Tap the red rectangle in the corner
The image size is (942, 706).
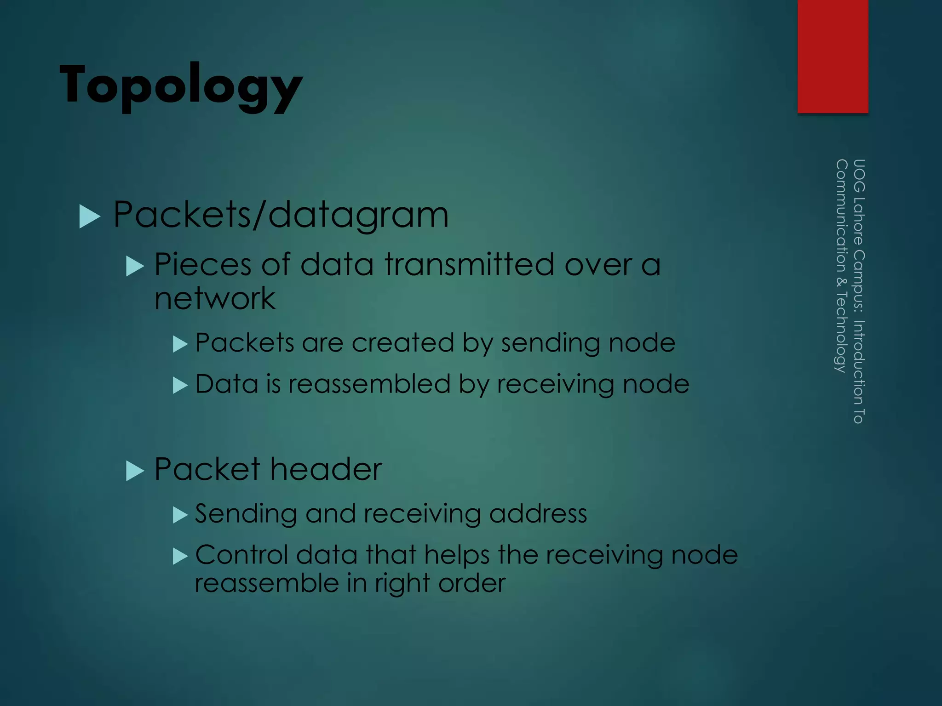pos(833,56)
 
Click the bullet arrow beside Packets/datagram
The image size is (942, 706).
pos(90,216)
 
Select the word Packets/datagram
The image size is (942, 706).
pos(281,215)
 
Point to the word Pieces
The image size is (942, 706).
pos(203,265)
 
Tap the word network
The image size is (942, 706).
pos(215,299)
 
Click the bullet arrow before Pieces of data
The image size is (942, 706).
pos(135,266)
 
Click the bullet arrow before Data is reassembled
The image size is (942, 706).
pos(180,385)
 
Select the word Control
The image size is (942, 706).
pos(241,555)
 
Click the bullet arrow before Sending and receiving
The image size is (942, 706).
pos(180,515)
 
